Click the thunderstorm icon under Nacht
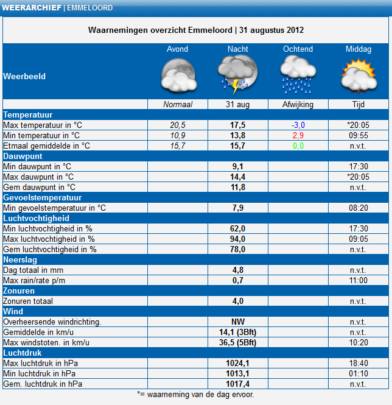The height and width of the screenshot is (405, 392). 237,74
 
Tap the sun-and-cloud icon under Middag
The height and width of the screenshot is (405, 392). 359,76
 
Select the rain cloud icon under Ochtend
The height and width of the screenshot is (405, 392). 298,75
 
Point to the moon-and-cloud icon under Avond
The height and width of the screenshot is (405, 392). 178,76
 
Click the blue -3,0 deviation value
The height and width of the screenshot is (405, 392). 298,125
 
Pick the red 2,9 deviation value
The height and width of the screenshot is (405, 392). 298,135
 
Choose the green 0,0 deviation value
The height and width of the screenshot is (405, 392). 298,146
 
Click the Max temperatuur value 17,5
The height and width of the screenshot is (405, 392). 237,125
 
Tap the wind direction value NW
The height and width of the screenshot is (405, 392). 237,322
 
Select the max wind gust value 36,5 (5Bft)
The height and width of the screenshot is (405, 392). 237,342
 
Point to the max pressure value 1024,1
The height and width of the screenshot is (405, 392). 237,363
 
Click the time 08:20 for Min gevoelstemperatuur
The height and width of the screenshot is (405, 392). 359,208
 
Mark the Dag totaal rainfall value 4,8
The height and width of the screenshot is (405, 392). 237,270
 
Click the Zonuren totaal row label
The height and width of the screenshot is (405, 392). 28,301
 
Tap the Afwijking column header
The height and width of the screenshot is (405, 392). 298,104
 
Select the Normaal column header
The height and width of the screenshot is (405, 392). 178,104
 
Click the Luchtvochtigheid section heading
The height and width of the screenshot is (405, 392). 36,218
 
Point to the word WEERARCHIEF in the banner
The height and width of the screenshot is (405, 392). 32,8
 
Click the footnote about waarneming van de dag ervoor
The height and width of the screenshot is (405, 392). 196,395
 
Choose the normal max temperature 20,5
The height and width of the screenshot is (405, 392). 178,125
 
